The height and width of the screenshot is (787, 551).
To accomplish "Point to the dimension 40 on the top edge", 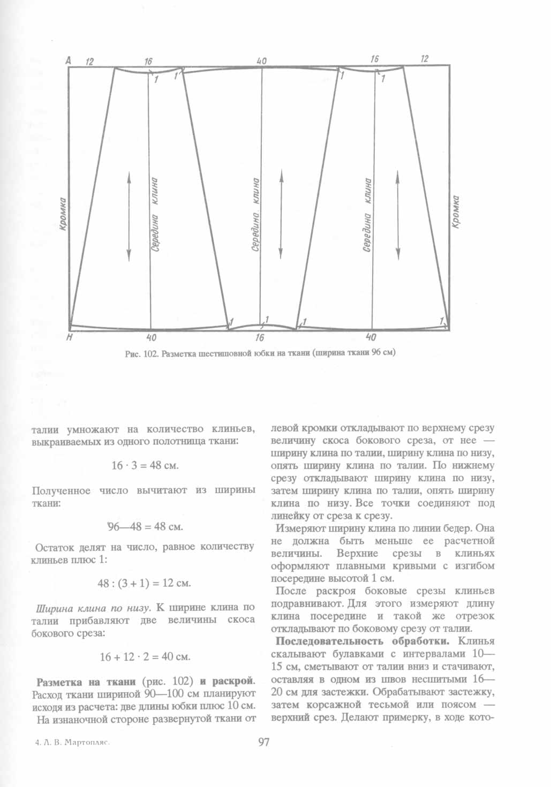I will click(x=262, y=61).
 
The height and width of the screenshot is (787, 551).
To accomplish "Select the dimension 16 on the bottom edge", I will click(x=260, y=338).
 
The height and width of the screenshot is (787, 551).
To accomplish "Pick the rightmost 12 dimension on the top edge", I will click(x=424, y=58).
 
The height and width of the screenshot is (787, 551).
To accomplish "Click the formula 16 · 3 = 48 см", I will click(x=145, y=465).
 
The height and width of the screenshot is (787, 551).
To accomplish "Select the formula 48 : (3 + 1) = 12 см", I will click(x=144, y=582).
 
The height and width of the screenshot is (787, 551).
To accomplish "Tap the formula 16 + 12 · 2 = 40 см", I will click(x=145, y=656).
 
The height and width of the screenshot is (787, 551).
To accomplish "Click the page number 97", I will click(x=263, y=742).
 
